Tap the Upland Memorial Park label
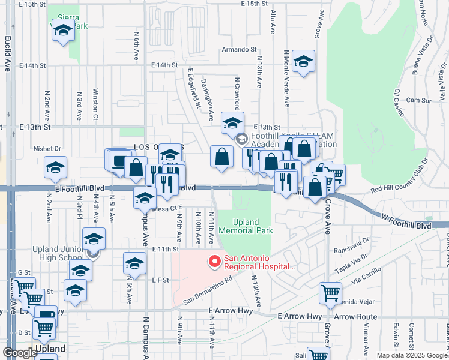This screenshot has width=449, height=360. click(246, 226)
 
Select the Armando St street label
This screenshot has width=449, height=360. click(239, 50)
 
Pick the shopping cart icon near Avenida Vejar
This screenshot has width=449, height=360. click(330, 292)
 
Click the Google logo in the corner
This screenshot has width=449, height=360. click(20, 353)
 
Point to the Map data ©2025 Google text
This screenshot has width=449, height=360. click(412, 355)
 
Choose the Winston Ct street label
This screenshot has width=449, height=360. click(95, 105)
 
